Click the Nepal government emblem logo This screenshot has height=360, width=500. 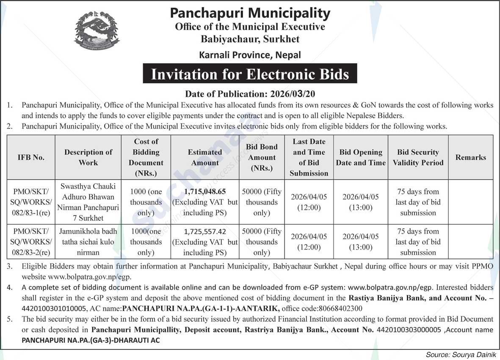point(97,31)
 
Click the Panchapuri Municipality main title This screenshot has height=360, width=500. point(250,13)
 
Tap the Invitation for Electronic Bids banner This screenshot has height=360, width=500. point(250,74)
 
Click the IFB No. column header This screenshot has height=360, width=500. point(30,157)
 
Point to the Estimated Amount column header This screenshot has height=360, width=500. point(205,157)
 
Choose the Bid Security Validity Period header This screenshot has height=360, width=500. point(417,157)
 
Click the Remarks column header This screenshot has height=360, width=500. point(470,157)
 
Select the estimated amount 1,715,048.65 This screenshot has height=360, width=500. point(205,192)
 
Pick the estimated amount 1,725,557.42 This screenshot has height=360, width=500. point(205,231)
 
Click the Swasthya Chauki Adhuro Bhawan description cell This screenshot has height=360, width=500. point(88,202)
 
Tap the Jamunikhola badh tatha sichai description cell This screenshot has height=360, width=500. point(88,242)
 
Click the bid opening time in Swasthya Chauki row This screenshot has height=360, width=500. point(360,208)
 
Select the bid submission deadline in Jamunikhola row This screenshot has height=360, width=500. point(309,242)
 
